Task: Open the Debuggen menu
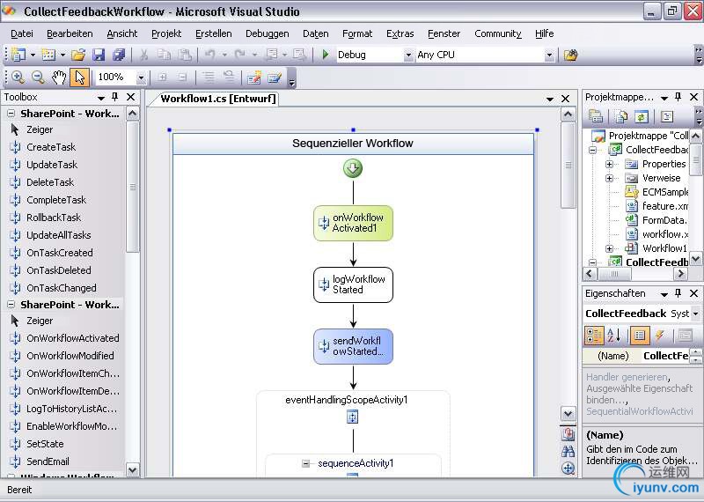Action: point(268,33)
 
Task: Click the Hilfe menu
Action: point(544,33)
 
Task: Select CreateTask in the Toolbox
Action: point(51,147)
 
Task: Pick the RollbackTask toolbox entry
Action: point(54,218)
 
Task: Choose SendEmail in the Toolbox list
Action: point(48,461)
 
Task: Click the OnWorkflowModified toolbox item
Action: point(70,356)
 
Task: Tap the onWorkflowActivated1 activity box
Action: point(354,223)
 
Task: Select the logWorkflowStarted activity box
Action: point(354,285)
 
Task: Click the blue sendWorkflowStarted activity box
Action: point(354,346)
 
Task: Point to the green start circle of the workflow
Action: point(353,168)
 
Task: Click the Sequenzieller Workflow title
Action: point(353,144)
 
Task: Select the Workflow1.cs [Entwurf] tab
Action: point(218,99)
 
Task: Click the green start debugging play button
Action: point(326,55)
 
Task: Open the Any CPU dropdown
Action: point(549,55)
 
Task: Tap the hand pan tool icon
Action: point(59,78)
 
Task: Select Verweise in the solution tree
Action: point(661,178)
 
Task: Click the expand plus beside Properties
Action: point(609,164)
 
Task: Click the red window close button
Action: point(693,11)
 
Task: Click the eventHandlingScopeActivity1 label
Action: point(347,400)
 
